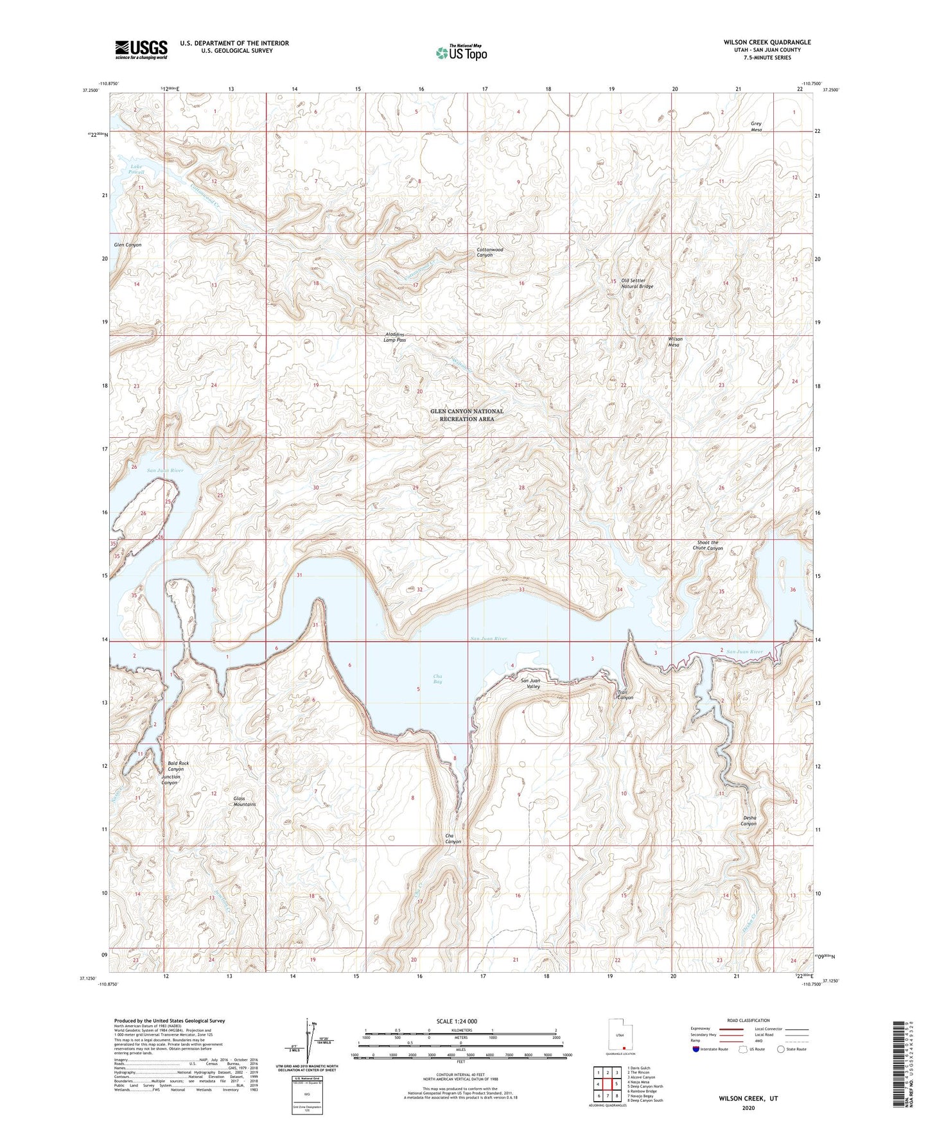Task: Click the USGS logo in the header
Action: pos(141,49)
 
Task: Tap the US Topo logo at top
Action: pos(461,53)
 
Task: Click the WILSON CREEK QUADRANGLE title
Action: pos(767,42)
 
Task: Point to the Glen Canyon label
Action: pos(128,245)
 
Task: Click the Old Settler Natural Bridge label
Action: pos(636,284)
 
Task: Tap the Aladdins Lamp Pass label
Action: pos(394,338)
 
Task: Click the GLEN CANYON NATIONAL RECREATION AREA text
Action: pos(467,415)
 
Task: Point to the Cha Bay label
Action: pos(437,679)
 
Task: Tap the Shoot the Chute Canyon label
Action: pos(710,546)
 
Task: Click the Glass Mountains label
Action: pos(244,801)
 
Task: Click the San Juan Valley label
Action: pos(530,683)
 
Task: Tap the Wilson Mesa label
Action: pos(675,342)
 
